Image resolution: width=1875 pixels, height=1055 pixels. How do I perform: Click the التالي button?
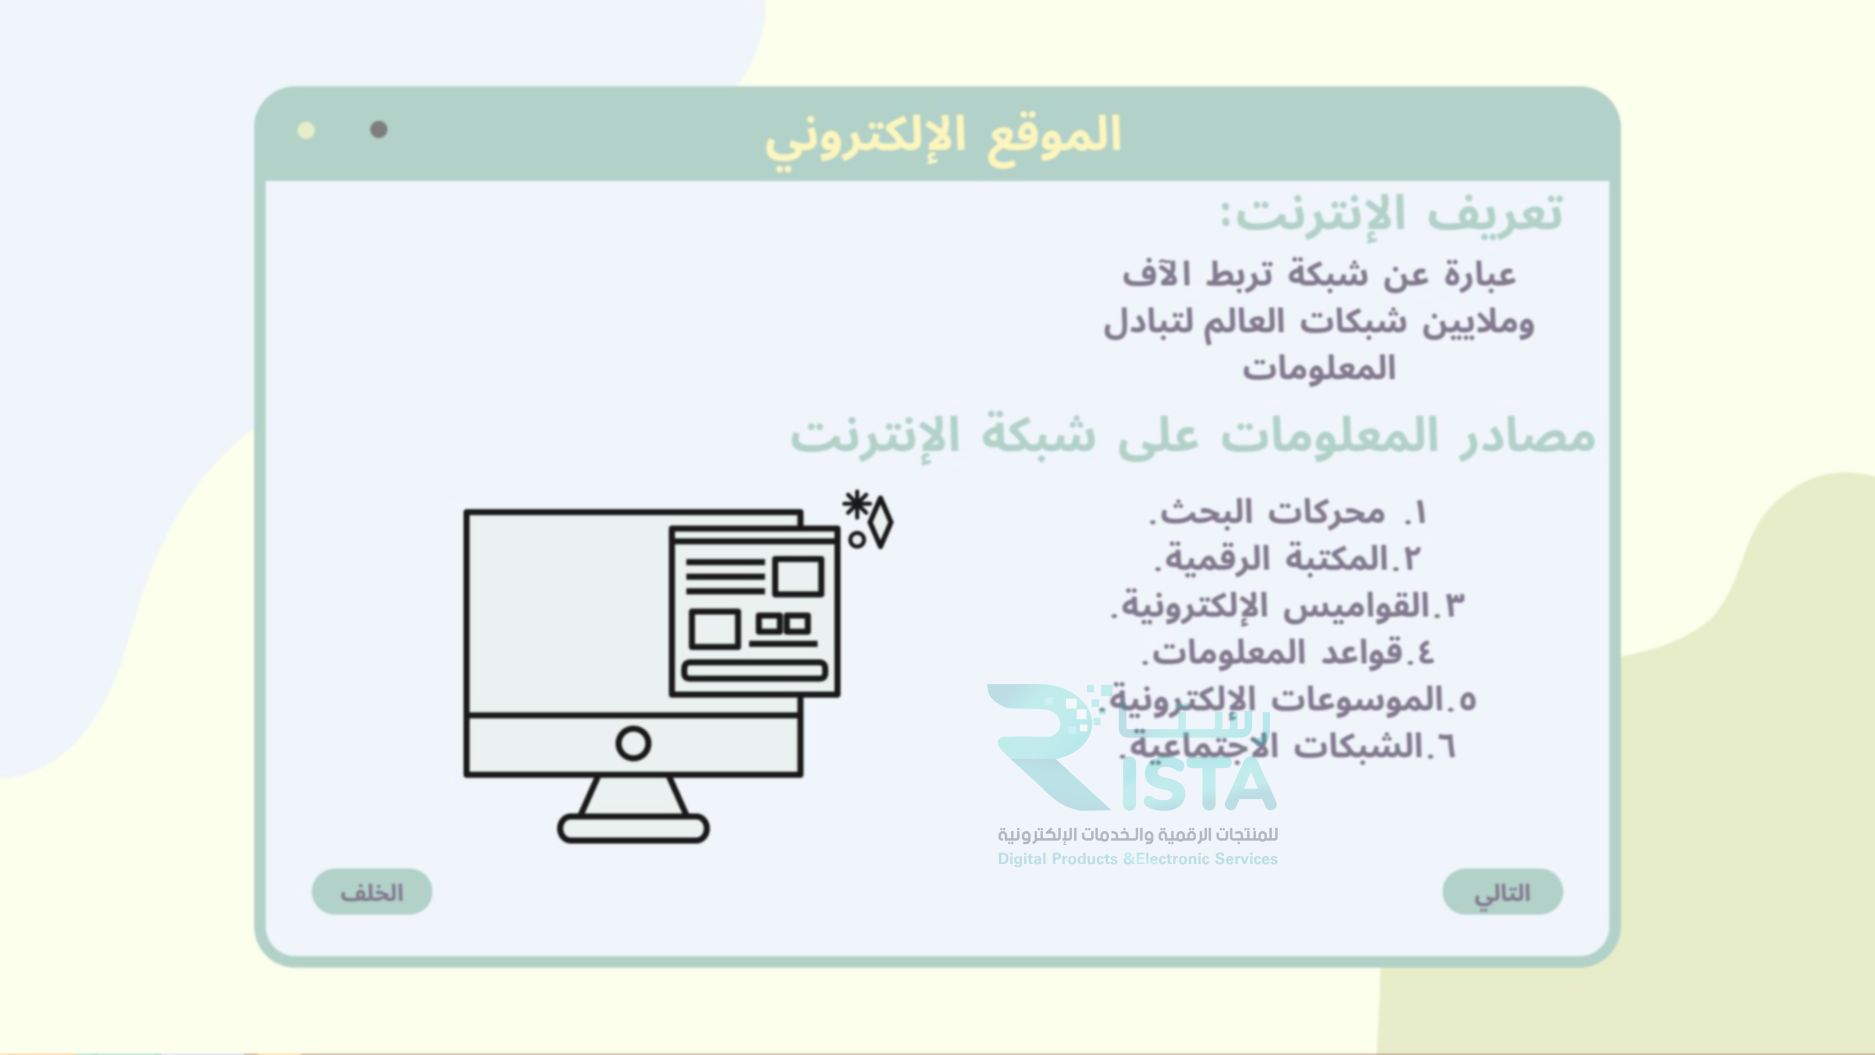(1502, 892)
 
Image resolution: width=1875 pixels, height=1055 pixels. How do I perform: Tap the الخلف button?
(372, 892)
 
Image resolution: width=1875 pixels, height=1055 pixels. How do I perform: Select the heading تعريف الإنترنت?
(1391, 214)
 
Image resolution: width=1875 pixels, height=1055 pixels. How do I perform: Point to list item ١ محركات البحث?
(1288, 513)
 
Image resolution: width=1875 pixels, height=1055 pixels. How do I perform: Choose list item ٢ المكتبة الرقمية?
(1287, 559)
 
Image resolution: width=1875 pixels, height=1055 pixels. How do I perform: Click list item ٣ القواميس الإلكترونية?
(1287, 606)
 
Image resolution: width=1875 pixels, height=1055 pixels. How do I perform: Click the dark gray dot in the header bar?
(379, 130)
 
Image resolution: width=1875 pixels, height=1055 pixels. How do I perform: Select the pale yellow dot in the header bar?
(306, 130)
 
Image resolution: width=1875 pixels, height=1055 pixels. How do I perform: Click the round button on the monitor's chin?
(633, 744)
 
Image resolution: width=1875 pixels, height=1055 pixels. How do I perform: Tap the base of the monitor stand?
(633, 829)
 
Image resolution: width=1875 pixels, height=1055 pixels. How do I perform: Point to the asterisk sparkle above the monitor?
(855, 504)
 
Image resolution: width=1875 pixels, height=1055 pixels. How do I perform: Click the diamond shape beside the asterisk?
(880, 521)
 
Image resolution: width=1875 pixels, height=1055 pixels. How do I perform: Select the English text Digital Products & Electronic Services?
(1137, 859)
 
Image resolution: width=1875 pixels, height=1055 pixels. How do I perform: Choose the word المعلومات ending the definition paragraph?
(1318, 369)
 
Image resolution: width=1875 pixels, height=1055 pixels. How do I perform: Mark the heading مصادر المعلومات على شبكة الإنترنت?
(1192, 436)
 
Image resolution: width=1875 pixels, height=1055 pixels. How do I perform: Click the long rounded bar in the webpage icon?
(754, 670)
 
